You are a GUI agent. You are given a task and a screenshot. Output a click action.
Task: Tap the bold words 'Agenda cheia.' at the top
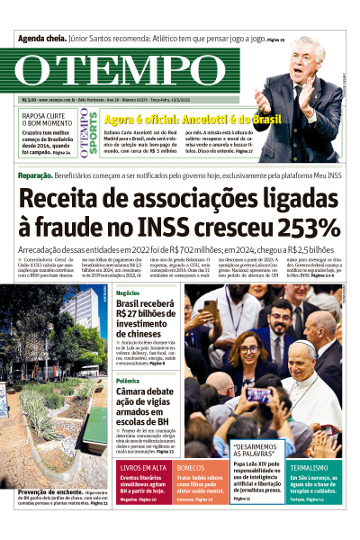pos(42,40)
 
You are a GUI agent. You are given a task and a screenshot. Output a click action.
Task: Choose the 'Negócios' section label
pos(128,293)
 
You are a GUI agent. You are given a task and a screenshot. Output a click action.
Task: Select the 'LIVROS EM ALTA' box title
pos(143,468)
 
